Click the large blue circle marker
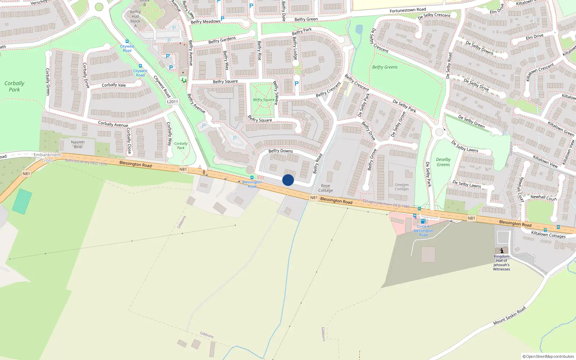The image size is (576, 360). click(288, 180)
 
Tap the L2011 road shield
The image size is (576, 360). click(172, 102)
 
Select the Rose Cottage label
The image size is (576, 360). click(325, 188)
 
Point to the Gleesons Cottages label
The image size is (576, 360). click(402, 187)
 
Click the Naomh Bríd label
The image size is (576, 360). click(78, 144)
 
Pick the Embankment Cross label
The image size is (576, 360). click(47, 158)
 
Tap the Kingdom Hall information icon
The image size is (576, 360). click(501, 250)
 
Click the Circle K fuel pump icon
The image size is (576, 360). click(423, 221)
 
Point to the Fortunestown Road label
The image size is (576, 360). click(408, 10)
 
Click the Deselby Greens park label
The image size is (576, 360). click(443, 162)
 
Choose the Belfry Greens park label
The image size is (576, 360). click(385, 67)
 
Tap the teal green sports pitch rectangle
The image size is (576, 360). click(22, 202)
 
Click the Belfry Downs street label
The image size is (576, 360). click(280, 151)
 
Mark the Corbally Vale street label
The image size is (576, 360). click(114, 85)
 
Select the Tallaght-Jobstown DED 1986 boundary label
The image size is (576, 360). click(386, 204)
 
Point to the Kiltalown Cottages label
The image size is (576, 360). click(548, 234)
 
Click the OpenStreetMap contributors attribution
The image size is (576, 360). click(548, 356)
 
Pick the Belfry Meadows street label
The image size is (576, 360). click(206, 22)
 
